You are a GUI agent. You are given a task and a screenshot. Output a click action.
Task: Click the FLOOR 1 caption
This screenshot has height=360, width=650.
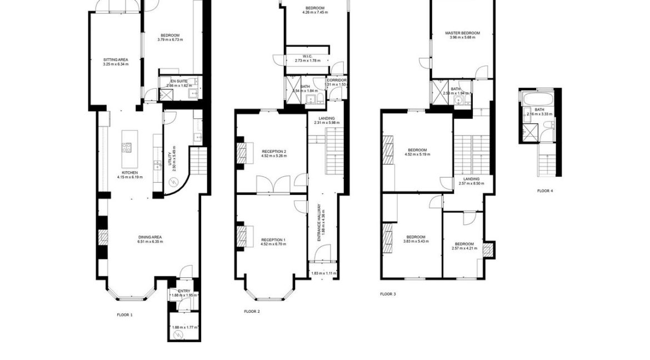pos(124,315)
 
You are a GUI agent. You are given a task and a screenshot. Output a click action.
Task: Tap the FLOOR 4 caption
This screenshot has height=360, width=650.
pos(544,191)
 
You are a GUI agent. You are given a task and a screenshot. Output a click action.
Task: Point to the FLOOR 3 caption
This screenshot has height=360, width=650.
pos(388,294)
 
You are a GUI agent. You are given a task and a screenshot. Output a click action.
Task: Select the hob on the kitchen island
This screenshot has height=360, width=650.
pos(127,148)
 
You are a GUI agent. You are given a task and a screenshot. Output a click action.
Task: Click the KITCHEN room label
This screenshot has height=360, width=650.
pos(129,173)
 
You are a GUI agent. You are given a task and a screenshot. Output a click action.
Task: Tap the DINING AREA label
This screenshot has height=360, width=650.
pos(150,237)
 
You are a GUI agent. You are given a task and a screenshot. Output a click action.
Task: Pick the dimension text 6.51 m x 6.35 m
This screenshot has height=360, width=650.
pos(150,242)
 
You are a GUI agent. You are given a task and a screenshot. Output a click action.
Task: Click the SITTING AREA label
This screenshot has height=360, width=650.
pos(116,59)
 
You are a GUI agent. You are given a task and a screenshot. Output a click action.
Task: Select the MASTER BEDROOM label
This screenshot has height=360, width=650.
pos(462,33)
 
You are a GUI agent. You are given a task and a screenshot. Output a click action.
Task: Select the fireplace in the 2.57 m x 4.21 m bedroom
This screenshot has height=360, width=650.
pos(488,251)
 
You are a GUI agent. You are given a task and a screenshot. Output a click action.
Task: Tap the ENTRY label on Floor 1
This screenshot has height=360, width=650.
pos(184,291)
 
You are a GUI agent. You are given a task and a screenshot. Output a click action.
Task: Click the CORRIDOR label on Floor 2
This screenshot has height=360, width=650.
pos(337,80)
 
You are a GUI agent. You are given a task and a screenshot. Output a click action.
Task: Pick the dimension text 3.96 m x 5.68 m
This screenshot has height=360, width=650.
pos(462,38)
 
